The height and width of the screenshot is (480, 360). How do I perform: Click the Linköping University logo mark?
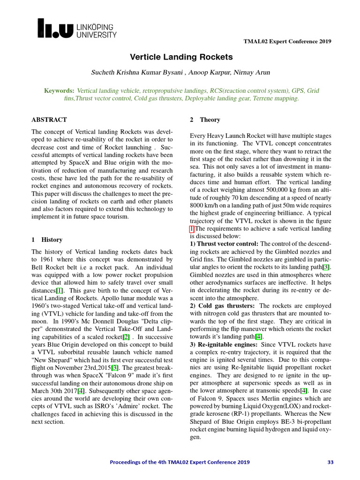pyautogui.click(x=56, y=28)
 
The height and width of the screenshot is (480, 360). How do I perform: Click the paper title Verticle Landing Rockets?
pyautogui.click(x=181, y=57)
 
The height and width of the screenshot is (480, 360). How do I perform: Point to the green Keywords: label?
pyautogui.click(x=59, y=90)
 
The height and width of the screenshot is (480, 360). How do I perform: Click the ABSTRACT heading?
pyautogui.click(x=49, y=120)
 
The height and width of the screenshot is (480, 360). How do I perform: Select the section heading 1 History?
pyautogui.click(x=47, y=240)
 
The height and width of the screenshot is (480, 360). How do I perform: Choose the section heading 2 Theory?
pyautogui.click(x=205, y=120)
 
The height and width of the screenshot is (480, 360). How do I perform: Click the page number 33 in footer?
pyautogui.click(x=330, y=462)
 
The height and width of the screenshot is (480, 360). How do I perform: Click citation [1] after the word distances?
pyautogui.click(x=60, y=291)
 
